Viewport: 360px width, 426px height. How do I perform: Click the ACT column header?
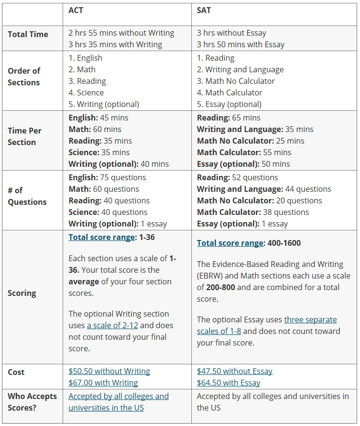tap(76, 10)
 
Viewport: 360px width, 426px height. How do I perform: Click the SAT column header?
tap(204, 10)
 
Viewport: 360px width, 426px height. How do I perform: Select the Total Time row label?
tap(28, 34)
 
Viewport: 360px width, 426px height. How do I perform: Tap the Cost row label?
tap(16, 372)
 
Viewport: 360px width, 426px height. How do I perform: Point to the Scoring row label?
tap(22, 293)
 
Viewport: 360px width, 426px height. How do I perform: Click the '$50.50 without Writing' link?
tap(109, 371)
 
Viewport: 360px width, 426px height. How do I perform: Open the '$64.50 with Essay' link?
tap(228, 383)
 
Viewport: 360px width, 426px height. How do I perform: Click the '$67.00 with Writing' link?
tap(103, 383)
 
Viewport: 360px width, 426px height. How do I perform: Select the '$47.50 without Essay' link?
tap(235, 371)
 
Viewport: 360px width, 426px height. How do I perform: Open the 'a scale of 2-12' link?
tap(112, 325)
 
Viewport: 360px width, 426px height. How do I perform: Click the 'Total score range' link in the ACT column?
tap(101, 237)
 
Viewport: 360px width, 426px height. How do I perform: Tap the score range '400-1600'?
tap(284, 243)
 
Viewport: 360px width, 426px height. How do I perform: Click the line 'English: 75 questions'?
tap(107, 177)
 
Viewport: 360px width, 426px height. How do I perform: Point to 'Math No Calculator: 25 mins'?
tap(251, 141)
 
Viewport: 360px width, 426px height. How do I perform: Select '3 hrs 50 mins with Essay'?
tap(240, 44)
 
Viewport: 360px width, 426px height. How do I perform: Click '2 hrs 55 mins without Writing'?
tap(121, 33)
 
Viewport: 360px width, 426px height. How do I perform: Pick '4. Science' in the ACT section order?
tap(86, 93)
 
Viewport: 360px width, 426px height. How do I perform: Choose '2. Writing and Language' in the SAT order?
tap(240, 69)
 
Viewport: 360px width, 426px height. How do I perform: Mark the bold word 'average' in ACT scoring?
tap(85, 281)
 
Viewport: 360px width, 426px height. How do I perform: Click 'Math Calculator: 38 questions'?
tap(253, 212)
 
